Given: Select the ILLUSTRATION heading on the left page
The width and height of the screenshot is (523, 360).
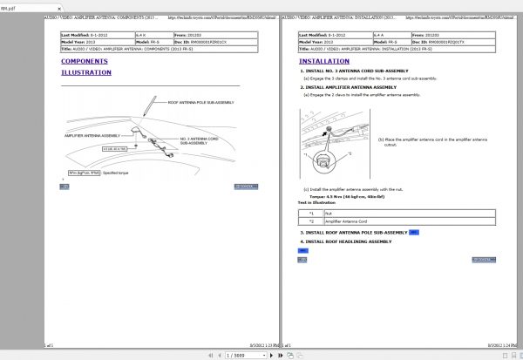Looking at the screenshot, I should click(86, 73).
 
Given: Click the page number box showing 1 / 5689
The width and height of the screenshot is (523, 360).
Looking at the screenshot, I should click(243, 356).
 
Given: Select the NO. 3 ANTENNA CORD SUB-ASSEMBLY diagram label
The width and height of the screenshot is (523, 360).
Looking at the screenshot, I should click(201, 141).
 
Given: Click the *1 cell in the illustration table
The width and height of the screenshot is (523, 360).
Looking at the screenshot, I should click(310, 212).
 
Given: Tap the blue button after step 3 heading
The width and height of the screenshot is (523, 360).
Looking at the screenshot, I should click(413, 233).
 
